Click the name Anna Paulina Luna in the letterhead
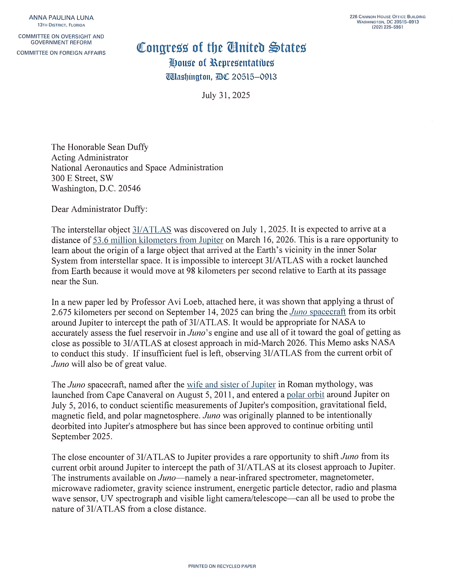(x=61, y=18)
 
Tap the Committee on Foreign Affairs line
(x=61, y=53)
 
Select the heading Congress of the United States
(x=221, y=48)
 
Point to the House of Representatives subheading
(x=221, y=63)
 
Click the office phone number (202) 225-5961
(x=387, y=27)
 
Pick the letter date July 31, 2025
(x=226, y=95)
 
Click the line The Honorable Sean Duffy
(x=100, y=147)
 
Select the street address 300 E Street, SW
(x=82, y=178)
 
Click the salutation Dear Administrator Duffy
(x=99, y=209)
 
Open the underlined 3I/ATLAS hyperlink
(x=152, y=230)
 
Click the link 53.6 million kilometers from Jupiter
(x=158, y=240)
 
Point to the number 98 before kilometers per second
(x=191, y=271)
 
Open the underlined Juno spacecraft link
(x=318, y=312)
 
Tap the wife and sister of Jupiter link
(x=231, y=385)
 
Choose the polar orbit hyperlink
(x=305, y=395)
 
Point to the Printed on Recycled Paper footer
(x=222, y=566)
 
